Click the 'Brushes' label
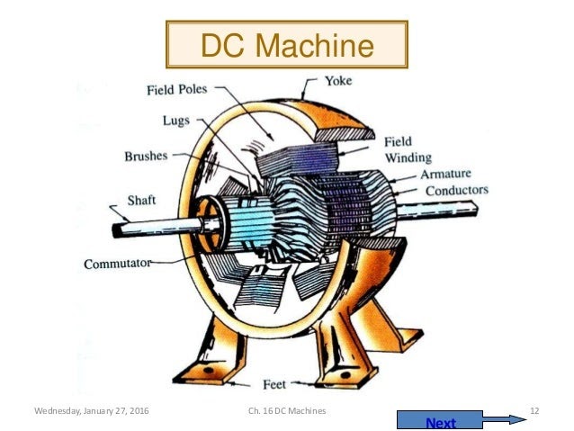coord(146,156)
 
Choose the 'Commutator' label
coord(117,265)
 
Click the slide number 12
coord(534,410)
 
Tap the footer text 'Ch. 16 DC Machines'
coord(286,410)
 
